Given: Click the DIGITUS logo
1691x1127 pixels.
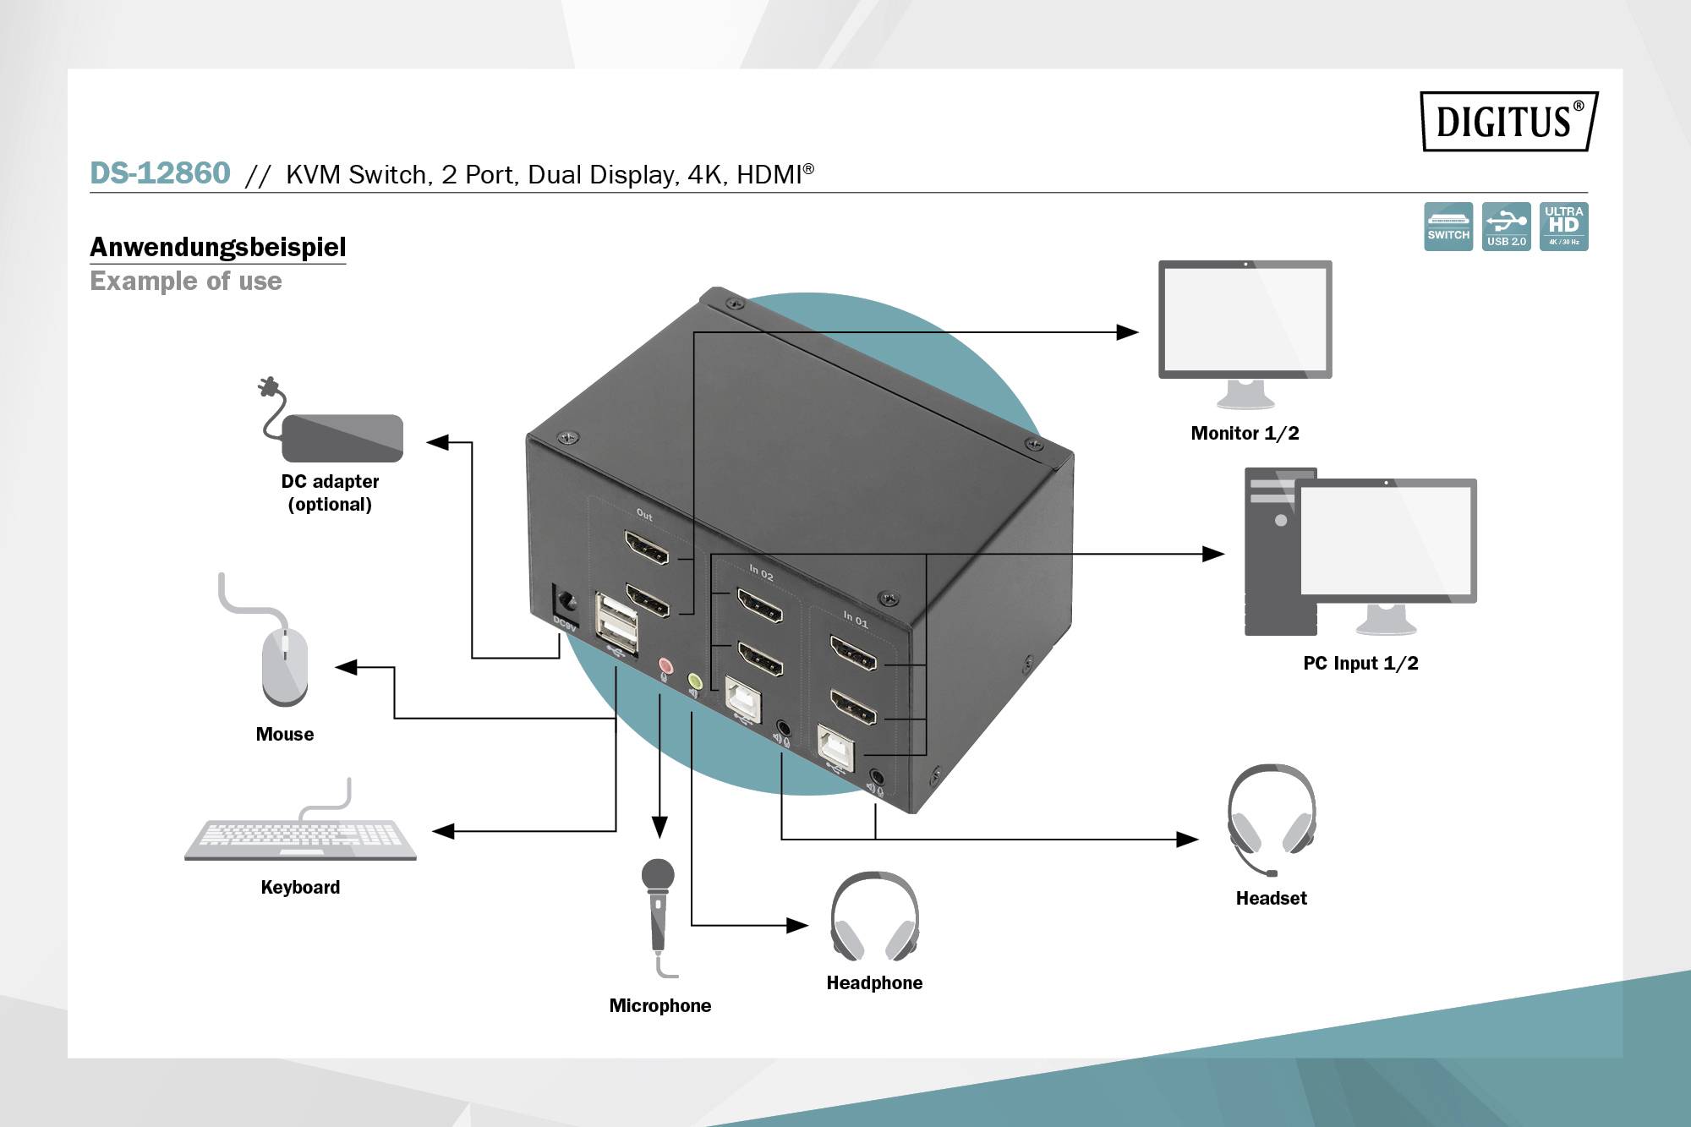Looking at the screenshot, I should (1508, 121).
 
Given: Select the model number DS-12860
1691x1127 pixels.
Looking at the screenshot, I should (160, 173).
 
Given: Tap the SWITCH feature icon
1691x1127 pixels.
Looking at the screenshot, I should (1447, 226).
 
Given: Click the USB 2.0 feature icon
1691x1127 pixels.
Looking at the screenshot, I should (1506, 226).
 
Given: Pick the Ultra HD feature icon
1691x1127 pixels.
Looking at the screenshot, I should (1563, 226).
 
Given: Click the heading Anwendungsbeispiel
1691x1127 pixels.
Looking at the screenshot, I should (217, 247).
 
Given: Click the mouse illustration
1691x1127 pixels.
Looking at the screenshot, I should (285, 664).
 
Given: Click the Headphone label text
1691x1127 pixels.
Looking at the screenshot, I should (874, 982).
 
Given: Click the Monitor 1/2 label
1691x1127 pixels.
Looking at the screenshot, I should (1245, 433).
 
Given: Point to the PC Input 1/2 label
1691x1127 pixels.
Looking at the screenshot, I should (1360, 663).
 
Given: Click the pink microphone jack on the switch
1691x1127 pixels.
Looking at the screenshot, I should (665, 665).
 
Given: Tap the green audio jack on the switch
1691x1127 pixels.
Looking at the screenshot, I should (694, 680).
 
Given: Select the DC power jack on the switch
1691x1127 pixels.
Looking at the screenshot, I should (565, 602).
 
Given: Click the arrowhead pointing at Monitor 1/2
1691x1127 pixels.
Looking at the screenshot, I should (1128, 332).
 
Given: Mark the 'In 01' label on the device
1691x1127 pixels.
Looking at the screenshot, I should (855, 619).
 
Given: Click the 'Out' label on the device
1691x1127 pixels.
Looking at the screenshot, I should (644, 514).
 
